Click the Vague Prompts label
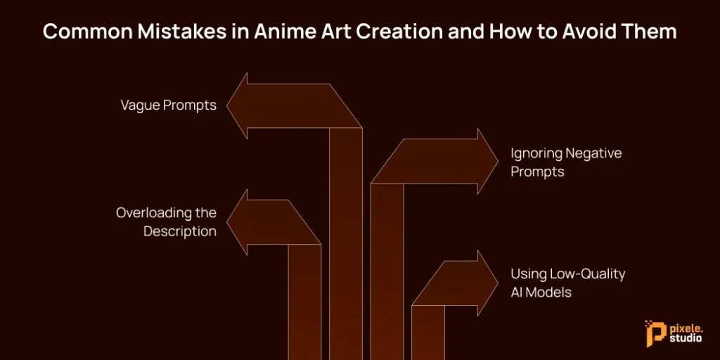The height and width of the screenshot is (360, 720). click(x=168, y=105)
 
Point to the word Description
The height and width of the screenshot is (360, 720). click(x=180, y=231)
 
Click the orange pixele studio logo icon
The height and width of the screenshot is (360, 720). click(x=654, y=330)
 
